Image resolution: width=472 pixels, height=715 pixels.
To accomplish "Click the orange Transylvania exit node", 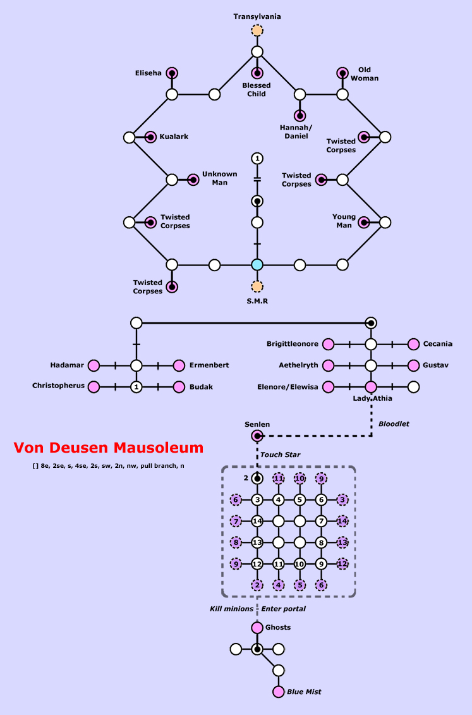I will click(x=257, y=30).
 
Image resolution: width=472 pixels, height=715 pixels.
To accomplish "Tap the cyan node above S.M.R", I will click(x=257, y=265).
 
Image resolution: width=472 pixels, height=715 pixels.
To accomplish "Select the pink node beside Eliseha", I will click(x=172, y=73).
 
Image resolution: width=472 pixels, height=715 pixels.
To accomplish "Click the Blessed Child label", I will click(x=257, y=90).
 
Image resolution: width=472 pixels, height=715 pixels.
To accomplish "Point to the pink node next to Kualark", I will click(x=150, y=137).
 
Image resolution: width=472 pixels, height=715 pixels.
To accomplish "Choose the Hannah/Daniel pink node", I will click(x=300, y=116).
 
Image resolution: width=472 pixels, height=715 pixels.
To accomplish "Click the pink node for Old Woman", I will click(x=342, y=73).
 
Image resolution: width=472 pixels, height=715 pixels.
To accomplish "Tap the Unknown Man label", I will click(x=219, y=178).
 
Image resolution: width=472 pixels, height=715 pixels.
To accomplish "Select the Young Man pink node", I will click(x=364, y=222).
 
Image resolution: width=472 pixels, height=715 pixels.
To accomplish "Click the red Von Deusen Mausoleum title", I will click(x=109, y=448).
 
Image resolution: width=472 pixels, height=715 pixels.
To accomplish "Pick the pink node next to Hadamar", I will click(x=94, y=365).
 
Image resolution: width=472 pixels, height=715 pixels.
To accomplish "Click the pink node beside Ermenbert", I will click(x=179, y=365).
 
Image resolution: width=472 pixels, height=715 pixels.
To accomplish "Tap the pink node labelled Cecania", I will click(x=414, y=345).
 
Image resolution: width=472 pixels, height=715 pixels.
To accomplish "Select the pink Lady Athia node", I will click(x=371, y=386).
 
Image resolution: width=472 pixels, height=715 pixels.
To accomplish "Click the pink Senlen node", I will click(x=257, y=436).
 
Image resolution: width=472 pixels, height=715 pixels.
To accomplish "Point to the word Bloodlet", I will click(x=394, y=424).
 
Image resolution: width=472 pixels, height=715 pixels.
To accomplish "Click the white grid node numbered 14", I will click(x=257, y=522).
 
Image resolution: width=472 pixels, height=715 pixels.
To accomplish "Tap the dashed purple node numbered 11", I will click(x=279, y=479).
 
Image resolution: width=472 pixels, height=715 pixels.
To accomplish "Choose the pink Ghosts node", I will click(x=257, y=628).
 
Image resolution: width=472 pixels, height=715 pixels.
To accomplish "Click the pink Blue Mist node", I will click(x=279, y=692).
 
